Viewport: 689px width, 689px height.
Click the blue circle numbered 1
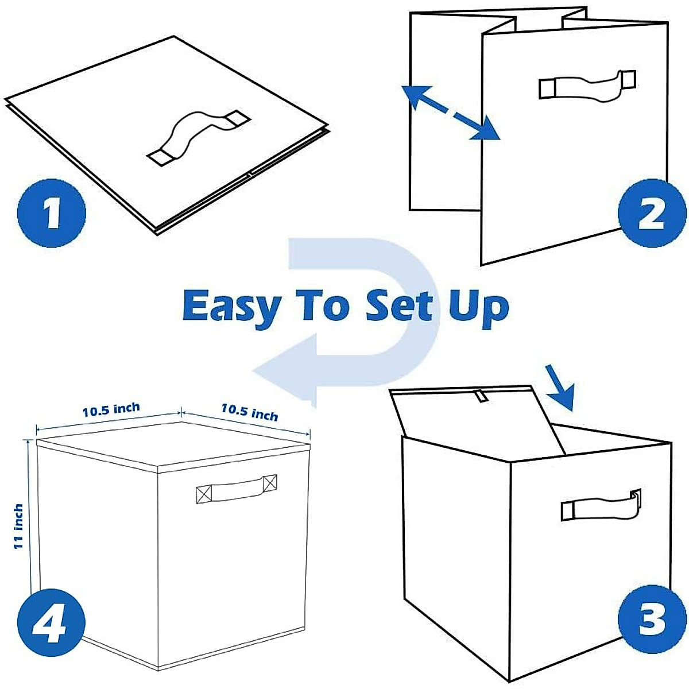click(51, 213)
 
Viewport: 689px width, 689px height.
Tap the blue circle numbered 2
click(651, 213)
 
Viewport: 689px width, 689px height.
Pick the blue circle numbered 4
click(51, 622)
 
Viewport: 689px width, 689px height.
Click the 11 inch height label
click(18, 526)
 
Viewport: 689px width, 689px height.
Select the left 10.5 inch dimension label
click(111, 410)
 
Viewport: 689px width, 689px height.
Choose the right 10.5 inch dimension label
click(250, 412)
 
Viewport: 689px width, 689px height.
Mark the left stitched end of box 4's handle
click(204, 494)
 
